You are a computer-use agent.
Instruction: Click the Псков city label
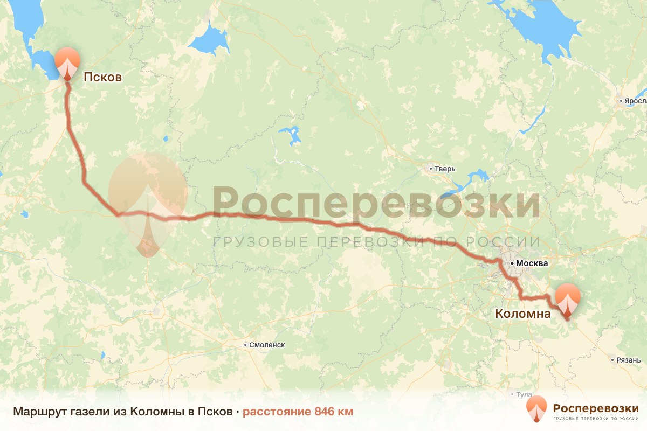tap(102, 78)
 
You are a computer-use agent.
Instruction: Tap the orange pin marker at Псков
tap(67, 62)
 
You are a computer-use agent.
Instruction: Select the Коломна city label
tap(522, 314)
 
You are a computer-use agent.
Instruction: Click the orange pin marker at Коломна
tap(568, 299)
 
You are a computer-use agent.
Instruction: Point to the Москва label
tap(532, 264)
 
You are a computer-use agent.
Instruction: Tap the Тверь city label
tap(445, 169)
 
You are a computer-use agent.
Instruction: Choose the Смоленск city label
tap(267, 345)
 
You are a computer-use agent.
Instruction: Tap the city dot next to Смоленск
tap(245, 345)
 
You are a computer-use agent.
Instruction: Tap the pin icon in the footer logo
tap(536, 409)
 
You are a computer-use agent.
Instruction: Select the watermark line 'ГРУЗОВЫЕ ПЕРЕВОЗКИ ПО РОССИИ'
tap(376, 242)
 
